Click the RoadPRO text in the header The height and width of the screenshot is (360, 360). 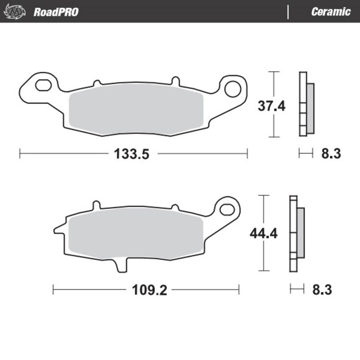click(56, 12)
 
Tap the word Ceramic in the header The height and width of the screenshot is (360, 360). click(330, 12)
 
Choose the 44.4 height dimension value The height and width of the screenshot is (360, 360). click(263, 234)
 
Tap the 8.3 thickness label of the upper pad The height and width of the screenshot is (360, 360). click(331, 154)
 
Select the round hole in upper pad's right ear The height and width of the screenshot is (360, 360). click(233, 89)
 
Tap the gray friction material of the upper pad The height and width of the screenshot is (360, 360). click(137, 110)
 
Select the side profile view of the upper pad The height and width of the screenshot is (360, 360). click(306, 103)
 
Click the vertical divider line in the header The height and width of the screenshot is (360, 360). click(288, 12)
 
